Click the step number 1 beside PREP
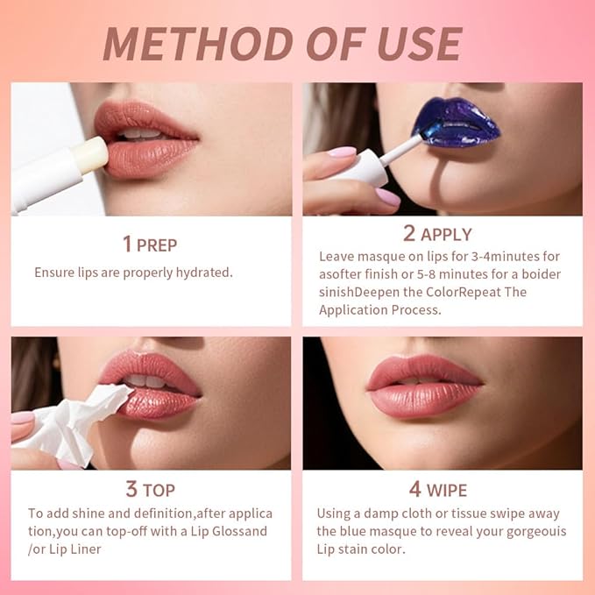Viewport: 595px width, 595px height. point(128,244)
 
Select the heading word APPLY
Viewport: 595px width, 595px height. point(446,234)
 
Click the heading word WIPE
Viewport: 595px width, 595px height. point(446,490)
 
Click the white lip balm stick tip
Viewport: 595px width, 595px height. point(92,154)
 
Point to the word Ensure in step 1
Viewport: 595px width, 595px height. point(55,273)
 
